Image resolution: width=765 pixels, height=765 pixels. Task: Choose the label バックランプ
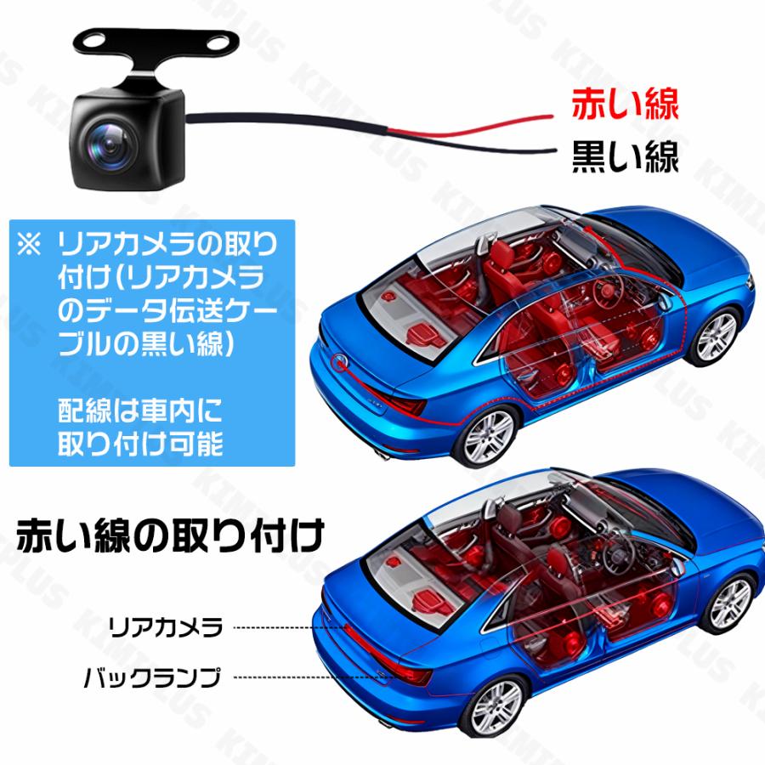pos(153,678)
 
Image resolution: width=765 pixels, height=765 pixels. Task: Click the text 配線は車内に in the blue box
pos(140,414)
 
